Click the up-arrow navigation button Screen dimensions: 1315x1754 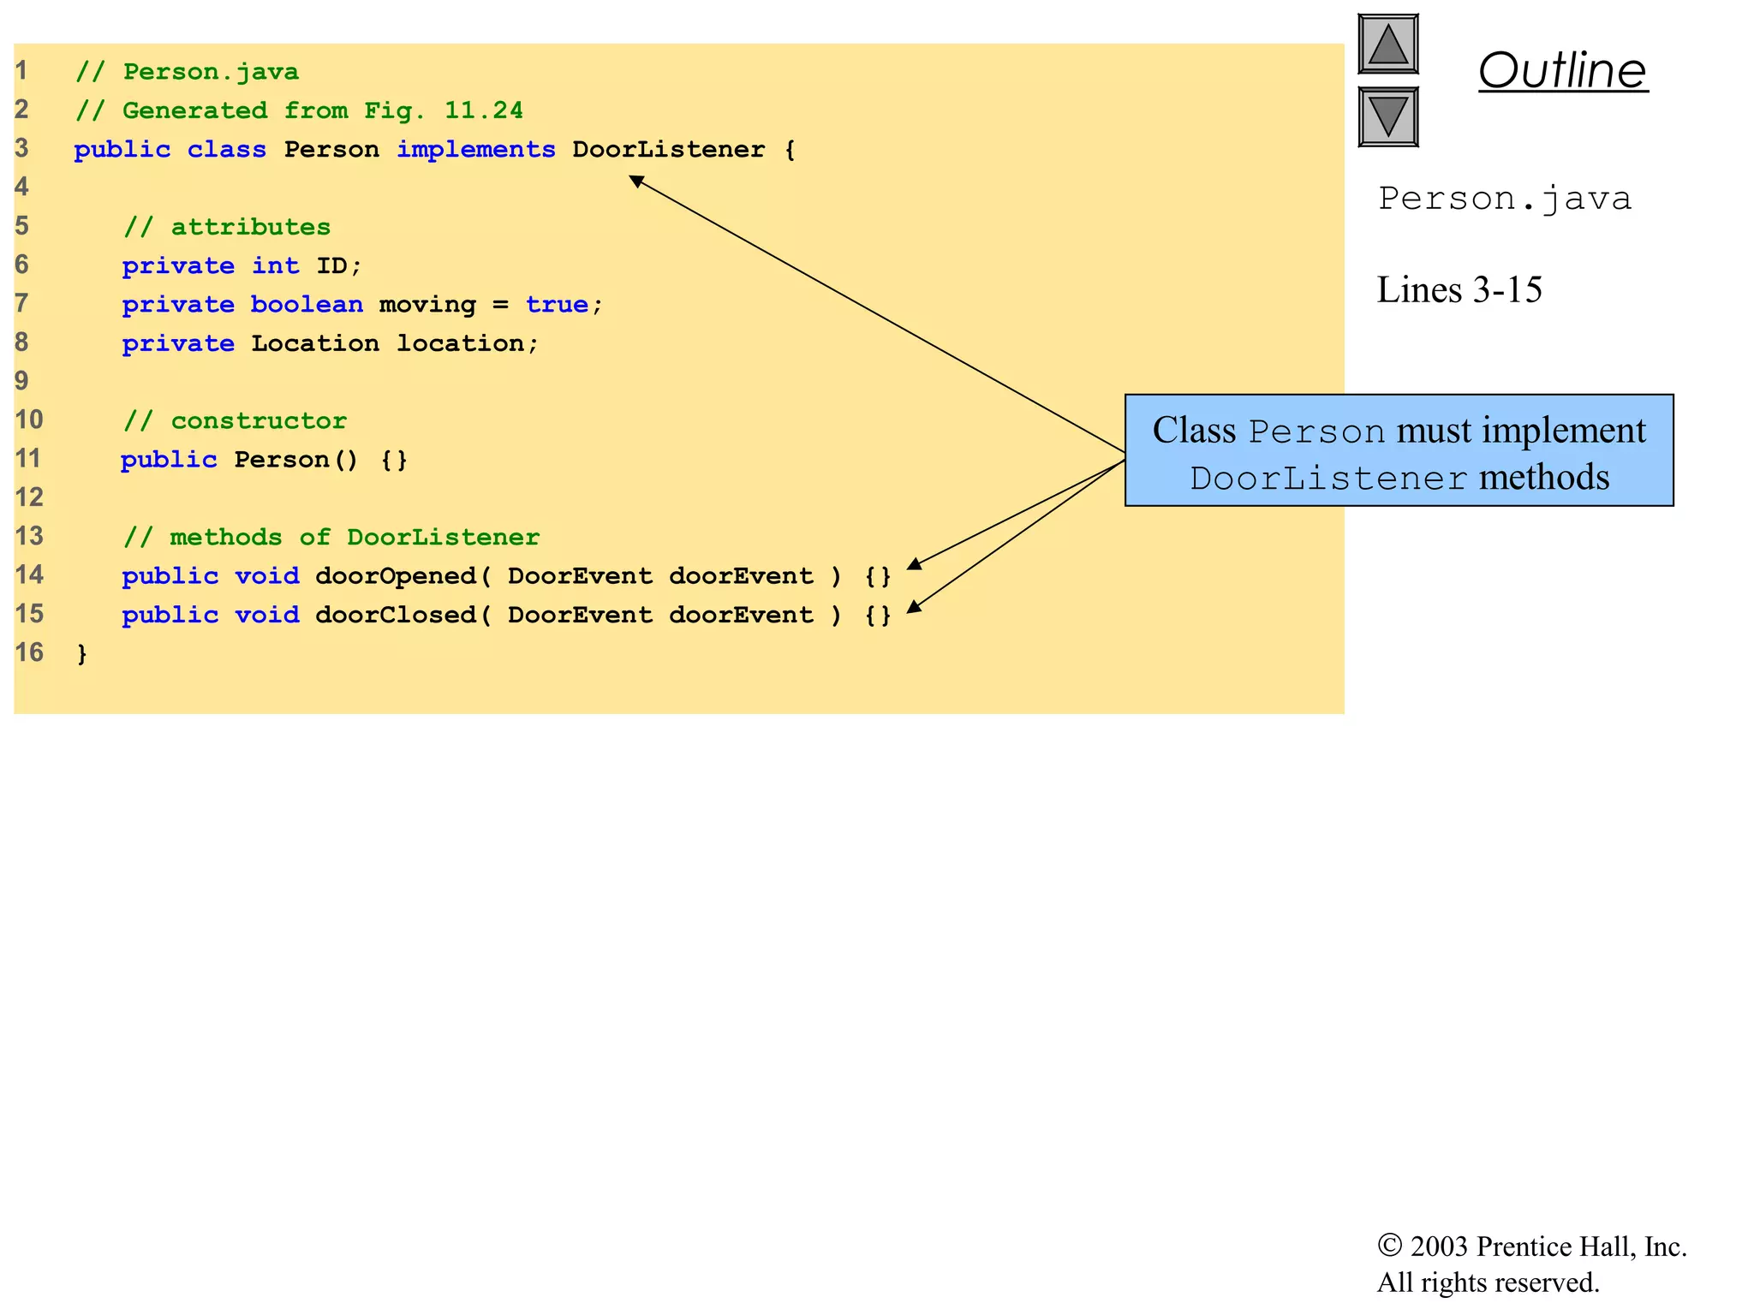pyautogui.click(x=1387, y=44)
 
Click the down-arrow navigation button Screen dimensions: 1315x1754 pyautogui.click(x=1387, y=116)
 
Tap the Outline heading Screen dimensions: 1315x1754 pyautogui.click(x=1562, y=70)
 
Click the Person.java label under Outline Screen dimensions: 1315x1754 pyautogui.click(x=1504, y=199)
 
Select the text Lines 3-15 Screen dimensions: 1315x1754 pyautogui.click(x=1459, y=289)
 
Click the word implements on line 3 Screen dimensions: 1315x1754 pyautogui.click(x=475, y=149)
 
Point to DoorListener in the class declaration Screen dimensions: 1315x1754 pyautogui.click(x=668, y=149)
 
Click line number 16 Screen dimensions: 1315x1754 pyautogui.click(x=28, y=652)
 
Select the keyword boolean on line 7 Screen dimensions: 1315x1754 pyautogui.click(x=306, y=304)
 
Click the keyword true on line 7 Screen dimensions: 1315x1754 pyautogui.click(x=557, y=304)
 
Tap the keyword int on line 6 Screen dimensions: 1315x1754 pyautogui.click(x=275, y=265)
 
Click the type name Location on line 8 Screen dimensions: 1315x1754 pyautogui.click(x=314, y=343)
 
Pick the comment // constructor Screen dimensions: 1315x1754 pyautogui.click(x=235, y=420)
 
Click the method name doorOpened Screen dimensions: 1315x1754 pyautogui.click(x=395, y=575)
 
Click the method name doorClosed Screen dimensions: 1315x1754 pyautogui.click(x=395, y=615)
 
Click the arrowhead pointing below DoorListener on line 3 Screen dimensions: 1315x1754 pyautogui.click(x=635, y=180)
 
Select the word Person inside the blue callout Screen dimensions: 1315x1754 pyautogui.click(x=1316, y=431)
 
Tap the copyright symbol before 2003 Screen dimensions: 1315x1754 pyautogui.click(x=1389, y=1245)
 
